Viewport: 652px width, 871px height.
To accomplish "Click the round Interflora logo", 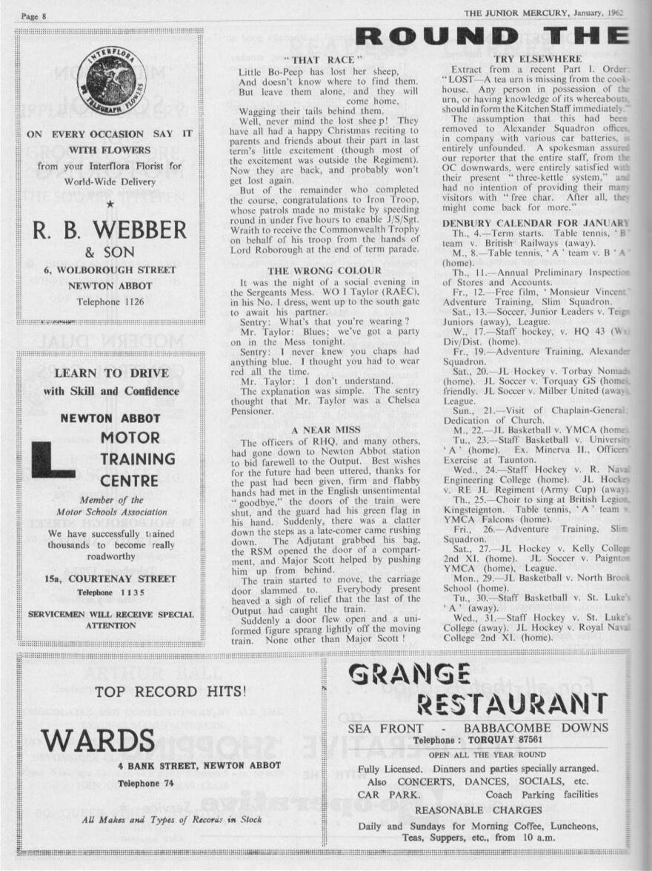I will pyautogui.click(x=111, y=84).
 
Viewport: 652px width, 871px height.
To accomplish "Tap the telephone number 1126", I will pyautogui.click(x=128, y=302).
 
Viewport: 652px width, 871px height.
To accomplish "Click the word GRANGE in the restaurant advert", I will pyautogui.click(x=409, y=673).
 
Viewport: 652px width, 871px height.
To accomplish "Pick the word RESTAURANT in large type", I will pyautogui.click(x=511, y=703).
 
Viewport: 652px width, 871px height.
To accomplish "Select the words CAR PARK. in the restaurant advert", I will pyautogui.click(x=382, y=794).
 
